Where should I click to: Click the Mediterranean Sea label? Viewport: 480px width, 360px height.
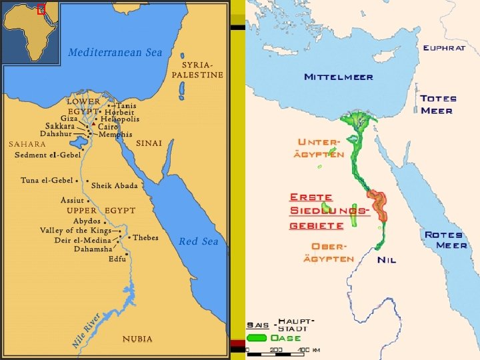[x=115, y=52]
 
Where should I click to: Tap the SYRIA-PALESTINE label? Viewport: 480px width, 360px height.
[x=197, y=70]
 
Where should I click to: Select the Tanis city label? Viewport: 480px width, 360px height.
[x=127, y=105]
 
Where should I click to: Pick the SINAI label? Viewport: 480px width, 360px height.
[x=149, y=143]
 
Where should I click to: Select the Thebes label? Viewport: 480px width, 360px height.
[x=145, y=237]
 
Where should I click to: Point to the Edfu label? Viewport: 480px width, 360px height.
[x=117, y=259]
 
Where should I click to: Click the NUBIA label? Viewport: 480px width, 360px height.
[x=137, y=339]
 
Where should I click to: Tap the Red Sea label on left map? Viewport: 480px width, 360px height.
[x=199, y=241]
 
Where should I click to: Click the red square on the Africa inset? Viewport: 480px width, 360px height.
[x=41, y=9]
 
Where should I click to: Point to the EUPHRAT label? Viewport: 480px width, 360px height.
[x=444, y=48]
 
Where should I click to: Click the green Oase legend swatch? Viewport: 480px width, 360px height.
[x=257, y=338]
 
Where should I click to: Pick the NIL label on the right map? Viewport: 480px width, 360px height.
[x=387, y=259]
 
